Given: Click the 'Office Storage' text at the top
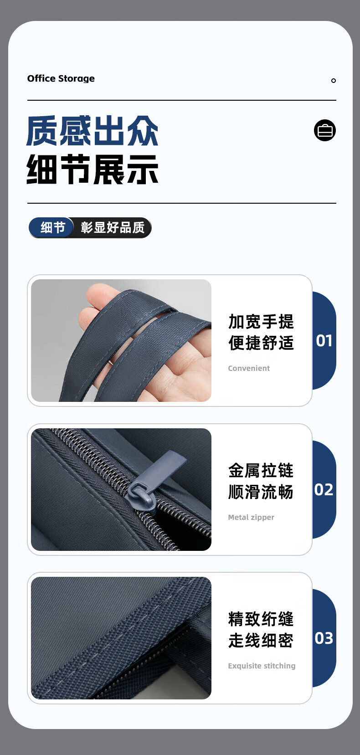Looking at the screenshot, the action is pyautogui.click(x=61, y=78).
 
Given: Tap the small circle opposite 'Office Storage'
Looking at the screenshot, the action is pyautogui.click(x=334, y=81).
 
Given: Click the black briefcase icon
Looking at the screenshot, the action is pyautogui.click(x=325, y=130).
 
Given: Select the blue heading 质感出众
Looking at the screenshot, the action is pyautogui.click(x=93, y=131).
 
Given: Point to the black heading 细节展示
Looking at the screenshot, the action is pyautogui.click(x=93, y=169).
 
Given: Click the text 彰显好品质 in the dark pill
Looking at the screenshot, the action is pyautogui.click(x=113, y=227).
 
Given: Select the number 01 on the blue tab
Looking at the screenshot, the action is pyautogui.click(x=324, y=341).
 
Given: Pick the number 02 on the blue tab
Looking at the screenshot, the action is pyautogui.click(x=324, y=490).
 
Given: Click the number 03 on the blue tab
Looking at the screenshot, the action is pyautogui.click(x=324, y=638).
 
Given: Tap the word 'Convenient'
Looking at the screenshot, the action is pyautogui.click(x=249, y=369).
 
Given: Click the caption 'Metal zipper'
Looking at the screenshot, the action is pyautogui.click(x=251, y=517).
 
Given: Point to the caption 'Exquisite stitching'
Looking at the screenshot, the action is pyautogui.click(x=262, y=666).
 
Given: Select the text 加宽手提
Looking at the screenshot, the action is pyautogui.click(x=261, y=322).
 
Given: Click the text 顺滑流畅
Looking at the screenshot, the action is pyautogui.click(x=261, y=492).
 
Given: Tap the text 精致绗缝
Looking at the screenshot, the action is pyautogui.click(x=261, y=619).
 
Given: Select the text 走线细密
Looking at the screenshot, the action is pyautogui.click(x=261, y=641).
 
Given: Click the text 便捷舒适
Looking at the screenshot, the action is pyautogui.click(x=261, y=343).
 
